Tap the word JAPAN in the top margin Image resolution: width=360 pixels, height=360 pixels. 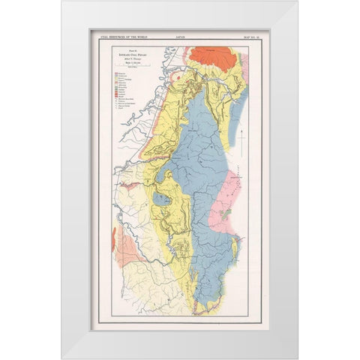(x=181, y=33)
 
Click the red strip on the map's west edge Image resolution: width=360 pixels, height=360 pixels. (x=114, y=239)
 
